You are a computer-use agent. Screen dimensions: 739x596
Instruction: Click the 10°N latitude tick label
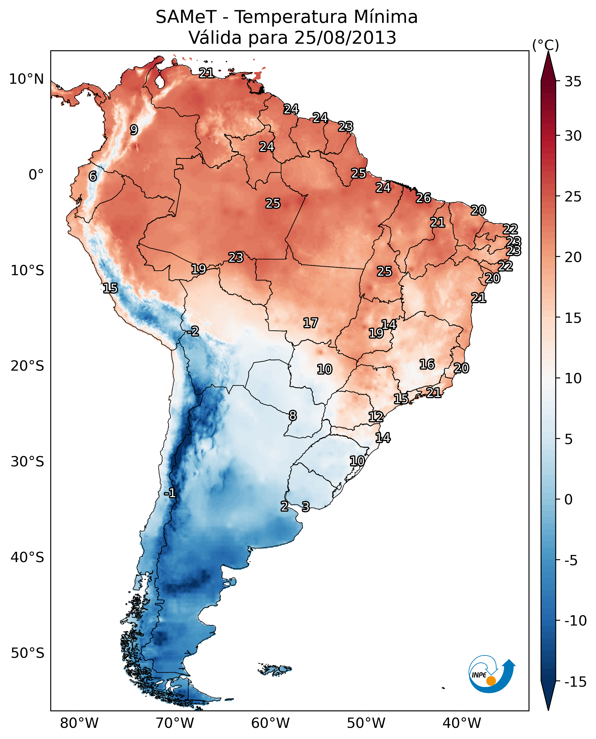click(27, 79)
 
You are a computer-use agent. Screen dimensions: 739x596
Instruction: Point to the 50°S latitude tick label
click(27, 653)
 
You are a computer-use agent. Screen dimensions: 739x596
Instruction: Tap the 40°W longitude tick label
click(461, 723)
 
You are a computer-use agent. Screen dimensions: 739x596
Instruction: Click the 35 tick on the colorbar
click(573, 82)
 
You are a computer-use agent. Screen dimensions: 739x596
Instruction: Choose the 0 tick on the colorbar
click(569, 499)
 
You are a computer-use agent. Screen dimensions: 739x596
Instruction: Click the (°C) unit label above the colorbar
click(545, 45)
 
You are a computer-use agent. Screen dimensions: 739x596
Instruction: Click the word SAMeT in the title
click(186, 17)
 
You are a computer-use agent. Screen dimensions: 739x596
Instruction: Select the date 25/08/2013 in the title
click(345, 38)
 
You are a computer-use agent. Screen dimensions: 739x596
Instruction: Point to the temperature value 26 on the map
click(423, 198)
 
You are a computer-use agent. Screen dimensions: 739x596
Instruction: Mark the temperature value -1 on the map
click(170, 494)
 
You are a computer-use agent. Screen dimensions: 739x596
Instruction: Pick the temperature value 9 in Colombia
click(134, 130)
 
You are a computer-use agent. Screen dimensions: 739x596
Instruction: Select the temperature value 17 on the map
click(310, 323)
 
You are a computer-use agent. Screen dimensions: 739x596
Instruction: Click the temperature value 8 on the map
click(293, 416)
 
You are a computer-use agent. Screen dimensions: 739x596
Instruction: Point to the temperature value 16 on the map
click(427, 364)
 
